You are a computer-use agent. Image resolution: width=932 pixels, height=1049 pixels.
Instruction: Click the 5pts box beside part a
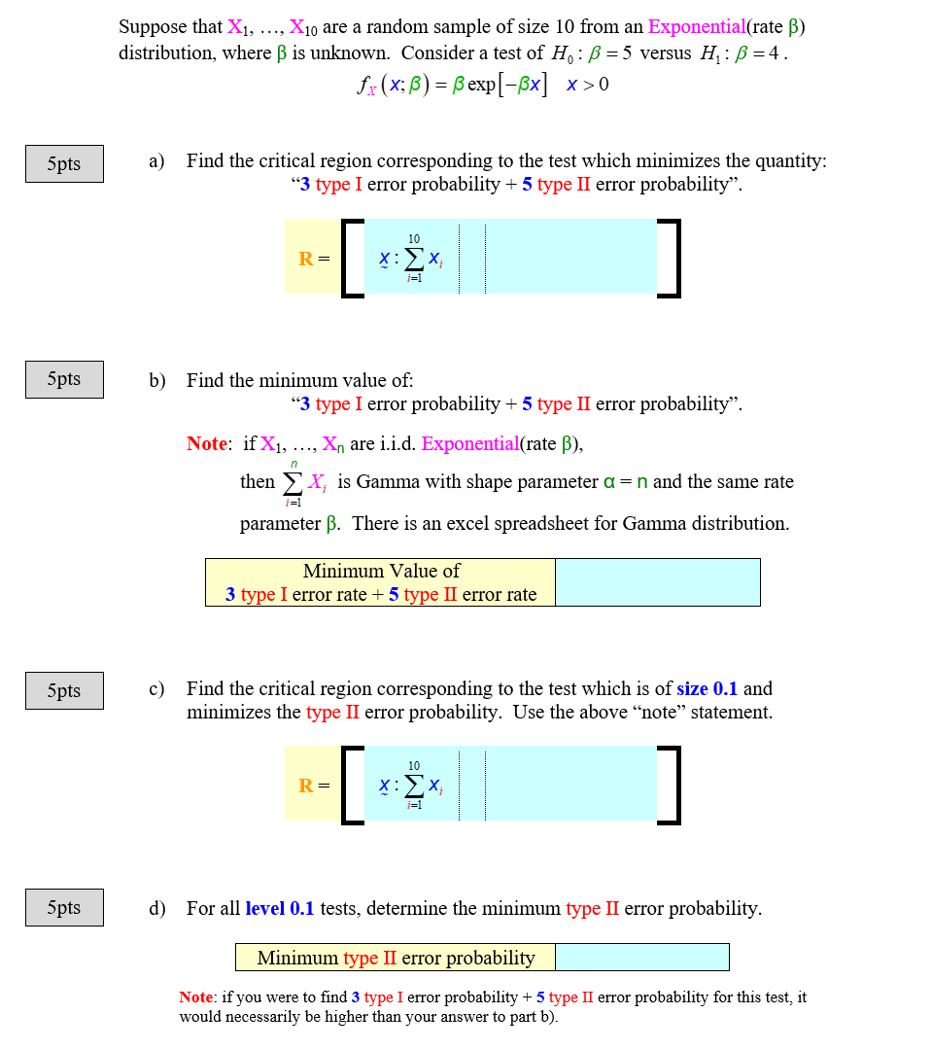pyautogui.click(x=64, y=163)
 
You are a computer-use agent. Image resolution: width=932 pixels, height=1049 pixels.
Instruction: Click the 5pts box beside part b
pyautogui.click(x=64, y=379)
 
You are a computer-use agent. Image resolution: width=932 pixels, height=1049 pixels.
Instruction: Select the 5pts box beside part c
pyautogui.click(x=64, y=691)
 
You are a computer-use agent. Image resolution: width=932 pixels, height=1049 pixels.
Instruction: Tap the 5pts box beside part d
pyautogui.click(x=64, y=907)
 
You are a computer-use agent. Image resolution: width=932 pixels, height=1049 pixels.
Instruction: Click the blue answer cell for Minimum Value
pyautogui.click(x=657, y=582)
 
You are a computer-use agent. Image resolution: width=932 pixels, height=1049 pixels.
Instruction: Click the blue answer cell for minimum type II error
pyautogui.click(x=641, y=957)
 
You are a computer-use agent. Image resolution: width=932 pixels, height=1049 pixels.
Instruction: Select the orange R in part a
pyautogui.click(x=306, y=259)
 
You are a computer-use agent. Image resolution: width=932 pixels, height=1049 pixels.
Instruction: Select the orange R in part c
pyautogui.click(x=306, y=786)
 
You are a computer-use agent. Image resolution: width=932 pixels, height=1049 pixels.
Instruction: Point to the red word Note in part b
pyautogui.click(x=207, y=443)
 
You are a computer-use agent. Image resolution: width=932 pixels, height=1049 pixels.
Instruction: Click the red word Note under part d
pyautogui.click(x=196, y=997)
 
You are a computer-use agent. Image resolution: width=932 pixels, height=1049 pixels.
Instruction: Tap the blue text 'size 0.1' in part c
pyautogui.click(x=707, y=688)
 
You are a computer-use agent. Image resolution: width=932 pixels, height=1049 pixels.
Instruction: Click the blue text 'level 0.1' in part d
pyautogui.click(x=280, y=908)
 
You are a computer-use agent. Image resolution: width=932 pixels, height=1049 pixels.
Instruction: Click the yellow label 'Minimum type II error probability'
pyautogui.click(x=396, y=958)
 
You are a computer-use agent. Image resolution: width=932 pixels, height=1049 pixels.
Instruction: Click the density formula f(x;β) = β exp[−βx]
pyautogui.click(x=482, y=86)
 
